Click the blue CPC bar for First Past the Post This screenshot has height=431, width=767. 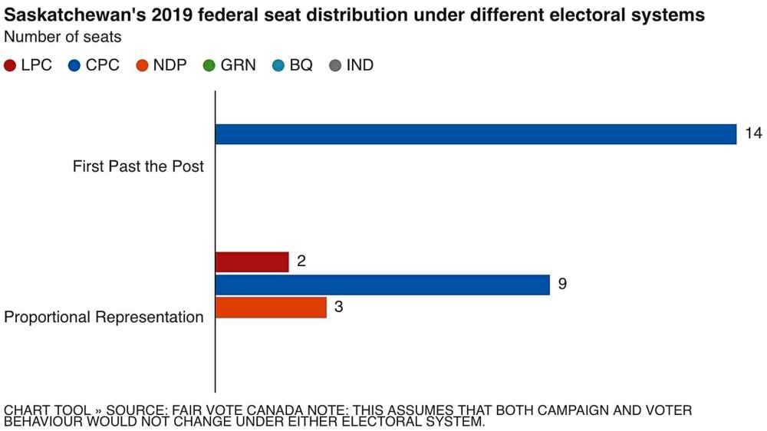(476, 134)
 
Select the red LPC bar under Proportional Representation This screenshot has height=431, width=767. (252, 262)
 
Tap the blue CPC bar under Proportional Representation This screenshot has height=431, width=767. (382, 285)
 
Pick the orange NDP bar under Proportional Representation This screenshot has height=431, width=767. (271, 308)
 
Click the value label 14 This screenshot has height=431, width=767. (753, 134)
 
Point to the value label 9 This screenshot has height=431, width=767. (562, 285)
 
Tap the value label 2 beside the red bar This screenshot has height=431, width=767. (301, 262)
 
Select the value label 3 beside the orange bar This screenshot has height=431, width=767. (338, 308)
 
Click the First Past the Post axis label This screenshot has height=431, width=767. (138, 166)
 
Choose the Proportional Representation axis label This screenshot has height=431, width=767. (104, 317)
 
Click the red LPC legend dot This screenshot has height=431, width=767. (10, 66)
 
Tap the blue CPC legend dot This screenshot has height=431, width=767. (74, 66)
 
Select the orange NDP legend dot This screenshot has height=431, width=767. (142, 66)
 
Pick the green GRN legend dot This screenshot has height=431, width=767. (209, 66)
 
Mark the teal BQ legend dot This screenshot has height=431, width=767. (278, 66)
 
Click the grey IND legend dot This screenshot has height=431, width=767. (335, 66)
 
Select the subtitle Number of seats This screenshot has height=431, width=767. (63, 37)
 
